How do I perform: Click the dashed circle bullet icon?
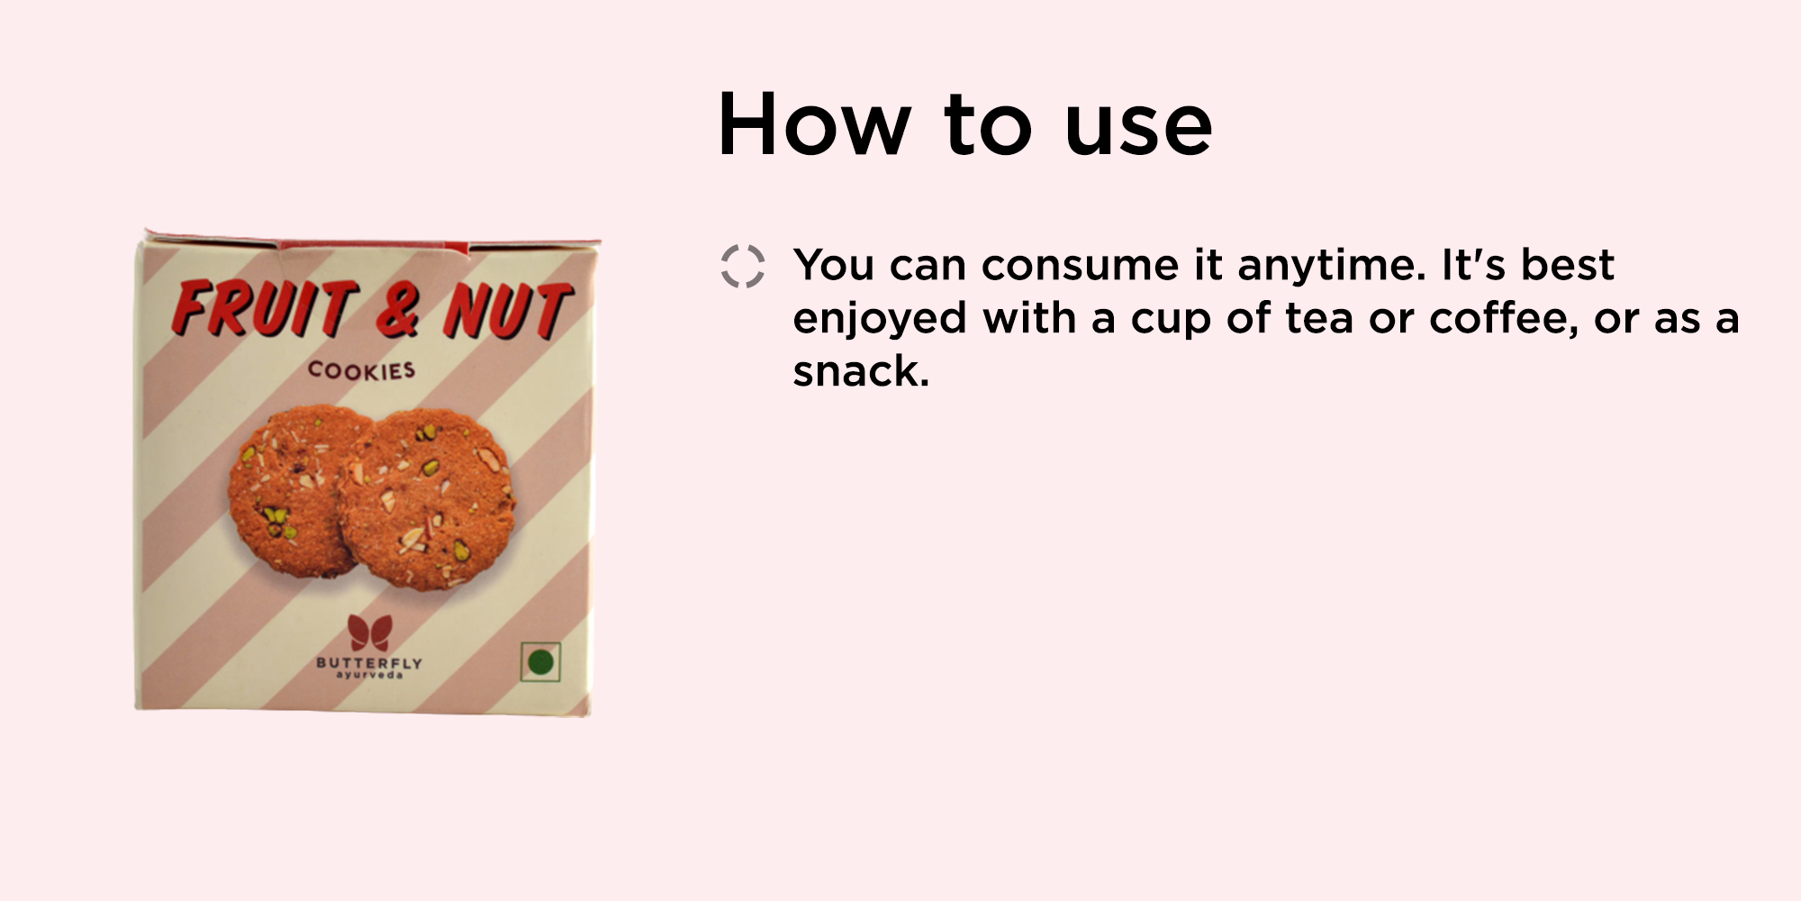click(743, 266)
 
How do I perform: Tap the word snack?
click(861, 371)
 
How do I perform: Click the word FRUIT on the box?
click(266, 308)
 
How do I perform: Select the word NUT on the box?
click(508, 312)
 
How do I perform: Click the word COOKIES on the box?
click(361, 370)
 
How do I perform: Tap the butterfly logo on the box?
click(370, 633)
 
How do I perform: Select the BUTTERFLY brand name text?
click(369, 663)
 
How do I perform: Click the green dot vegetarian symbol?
click(540, 662)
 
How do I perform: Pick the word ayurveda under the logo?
click(369, 676)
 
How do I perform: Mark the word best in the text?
click(1568, 265)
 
